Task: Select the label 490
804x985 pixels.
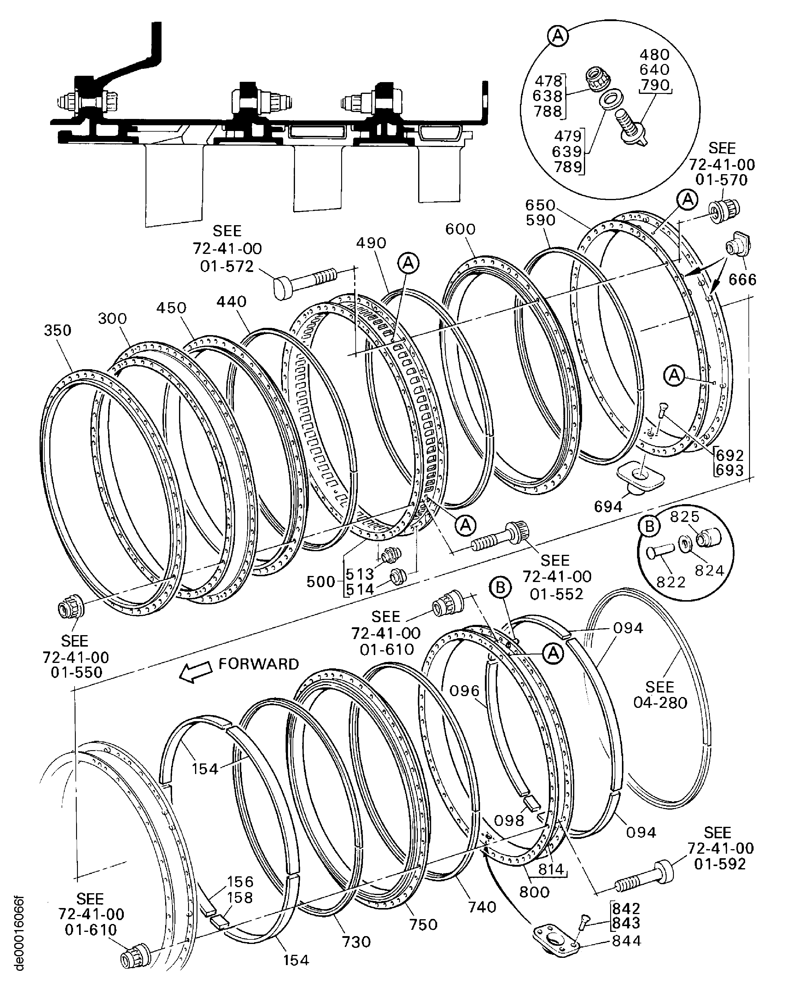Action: (371, 243)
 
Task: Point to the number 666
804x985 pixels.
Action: (742, 280)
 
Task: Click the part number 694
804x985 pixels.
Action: (608, 507)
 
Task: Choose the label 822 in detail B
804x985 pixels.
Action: (671, 582)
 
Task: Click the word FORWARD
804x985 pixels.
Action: (259, 664)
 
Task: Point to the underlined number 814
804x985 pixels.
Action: (551, 869)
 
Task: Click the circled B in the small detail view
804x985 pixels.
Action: (649, 526)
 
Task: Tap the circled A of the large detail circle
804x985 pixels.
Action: (558, 36)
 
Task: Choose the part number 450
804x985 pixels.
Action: (171, 308)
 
